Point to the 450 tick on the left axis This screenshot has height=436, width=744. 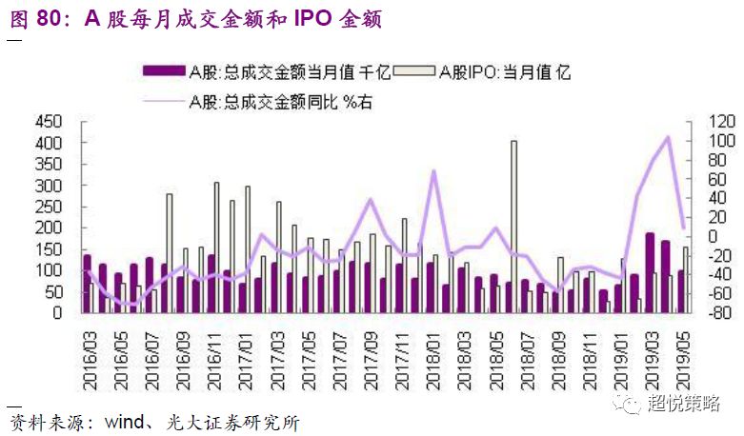pyautogui.click(x=48, y=122)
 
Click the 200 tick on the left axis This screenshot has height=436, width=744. pyautogui.click(x=48, y=228)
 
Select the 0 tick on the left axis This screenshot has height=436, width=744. pyautogui.click(x=56, y=312)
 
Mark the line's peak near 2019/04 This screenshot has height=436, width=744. pyautogui.click(x=667, y=137)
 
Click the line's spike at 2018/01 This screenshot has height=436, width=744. pyautogui.click(x=433, y=171)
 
